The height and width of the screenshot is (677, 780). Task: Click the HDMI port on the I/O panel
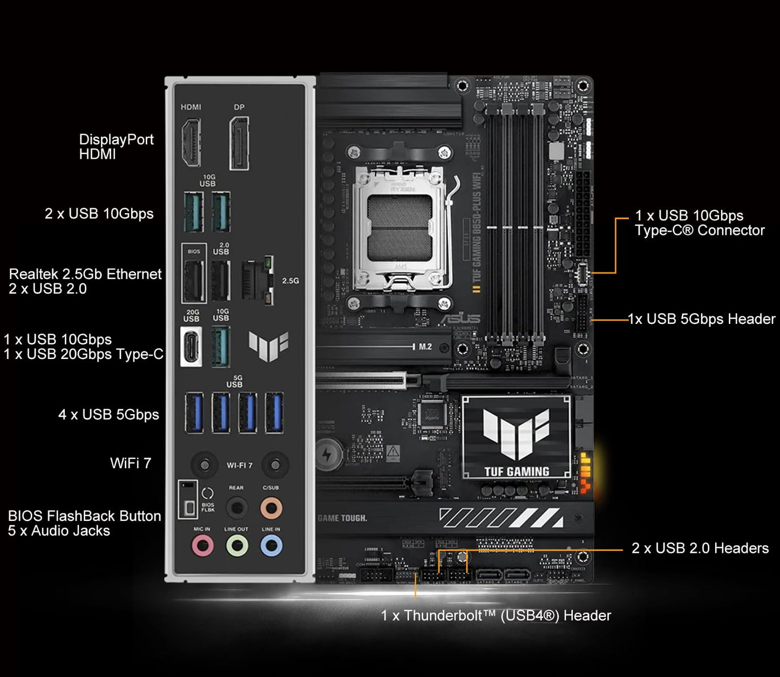[x=191, y=143]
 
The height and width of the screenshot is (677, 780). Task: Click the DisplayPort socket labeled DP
[x=239, y=143]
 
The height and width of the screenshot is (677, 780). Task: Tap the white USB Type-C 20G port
[x=191, y=347]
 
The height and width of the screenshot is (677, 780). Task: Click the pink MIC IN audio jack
[x=202, y=546]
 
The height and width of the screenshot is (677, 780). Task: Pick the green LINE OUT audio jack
[x=236, y=546]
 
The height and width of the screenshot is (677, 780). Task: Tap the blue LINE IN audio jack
[x=271, y=546]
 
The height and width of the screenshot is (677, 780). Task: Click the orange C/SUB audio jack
[x=271, y=507]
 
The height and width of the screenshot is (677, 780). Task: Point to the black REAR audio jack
[x=236, y=507]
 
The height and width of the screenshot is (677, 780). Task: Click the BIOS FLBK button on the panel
[x=188, y=507]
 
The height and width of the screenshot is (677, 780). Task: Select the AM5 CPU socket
[x=400, y=227]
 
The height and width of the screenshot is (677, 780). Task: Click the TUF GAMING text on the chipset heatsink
[x=517, y=471]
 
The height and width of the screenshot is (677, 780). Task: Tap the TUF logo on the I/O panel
[x=268, y=346]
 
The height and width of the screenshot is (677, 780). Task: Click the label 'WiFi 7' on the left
[x=131, y=463]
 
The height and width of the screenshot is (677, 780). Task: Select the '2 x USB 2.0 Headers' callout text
[x=700, y=548]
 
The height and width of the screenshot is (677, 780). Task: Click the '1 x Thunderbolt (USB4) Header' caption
[x=496, y=615]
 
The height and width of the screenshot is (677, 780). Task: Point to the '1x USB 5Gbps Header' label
[x=702, y=319]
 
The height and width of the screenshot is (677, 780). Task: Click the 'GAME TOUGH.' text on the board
[x=342, y=518]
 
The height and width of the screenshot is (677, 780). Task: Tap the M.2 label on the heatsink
[x=425, y=347]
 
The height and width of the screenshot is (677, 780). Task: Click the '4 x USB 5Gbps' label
[x=108, y=415]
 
